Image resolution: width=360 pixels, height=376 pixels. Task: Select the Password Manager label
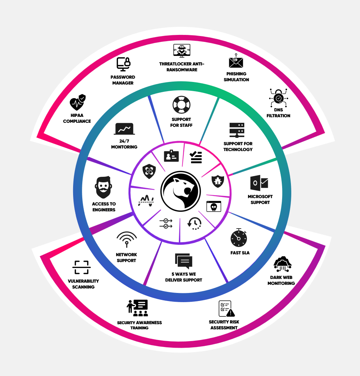tap(123, 80)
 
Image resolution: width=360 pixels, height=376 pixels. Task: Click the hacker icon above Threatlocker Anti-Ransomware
tap(181, 51)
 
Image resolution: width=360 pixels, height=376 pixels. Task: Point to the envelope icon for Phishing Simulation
tap(236, 61)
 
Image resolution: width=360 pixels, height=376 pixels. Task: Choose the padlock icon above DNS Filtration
tap(278, 98)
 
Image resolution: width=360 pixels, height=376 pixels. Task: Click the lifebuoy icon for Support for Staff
tap(181, 105)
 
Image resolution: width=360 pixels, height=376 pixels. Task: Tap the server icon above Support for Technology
tap(237, 130)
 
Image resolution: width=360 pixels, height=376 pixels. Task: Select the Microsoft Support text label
tap(260, 200)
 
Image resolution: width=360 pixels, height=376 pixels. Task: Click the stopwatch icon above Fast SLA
tap(239, 238)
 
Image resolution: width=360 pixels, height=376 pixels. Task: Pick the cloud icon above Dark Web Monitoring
tap(282, 264)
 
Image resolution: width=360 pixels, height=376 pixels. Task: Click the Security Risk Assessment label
tap(224, 325)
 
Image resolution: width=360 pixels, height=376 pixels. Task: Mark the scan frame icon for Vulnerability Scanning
tap(81, 268)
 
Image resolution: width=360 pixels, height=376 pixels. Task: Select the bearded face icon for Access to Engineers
tap(103, 187)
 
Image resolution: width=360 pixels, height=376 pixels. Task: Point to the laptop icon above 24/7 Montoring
tap(125, 129)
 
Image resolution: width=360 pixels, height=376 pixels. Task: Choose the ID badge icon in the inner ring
tap(171, 156)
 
